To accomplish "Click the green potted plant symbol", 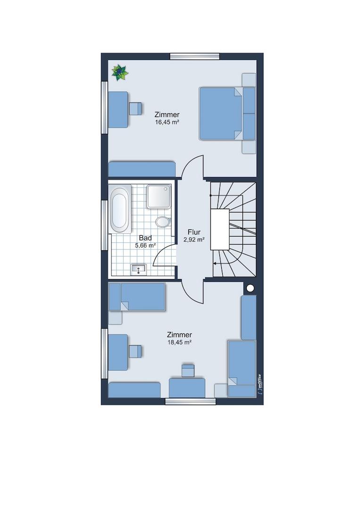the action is click(x=120, y=73).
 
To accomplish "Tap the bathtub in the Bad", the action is click(x=119, y=209).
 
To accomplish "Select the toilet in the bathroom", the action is click(x=163, y=221).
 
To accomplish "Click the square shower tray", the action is click(x=159, y=196).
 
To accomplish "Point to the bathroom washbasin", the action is click(x=139, y=269).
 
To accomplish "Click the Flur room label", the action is click(x=194, y=232).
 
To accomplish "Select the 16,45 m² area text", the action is click(x=167, y=123).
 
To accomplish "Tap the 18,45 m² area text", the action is click(x=179, y=342).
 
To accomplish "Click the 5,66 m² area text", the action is click(x=146, y=246).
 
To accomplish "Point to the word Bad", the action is click(x=145, y=238).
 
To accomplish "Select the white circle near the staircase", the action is click(x=250, y=288).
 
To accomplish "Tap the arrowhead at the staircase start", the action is click(x=215, y=263).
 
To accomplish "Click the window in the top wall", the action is click(x=195, y=56).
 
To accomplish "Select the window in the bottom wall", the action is click(x=191, y=401).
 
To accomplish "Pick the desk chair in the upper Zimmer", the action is click(x=135, y=109).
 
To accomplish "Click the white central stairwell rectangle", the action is click(x=220, y=229).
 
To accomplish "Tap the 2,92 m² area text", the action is click(x=194, y=240).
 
